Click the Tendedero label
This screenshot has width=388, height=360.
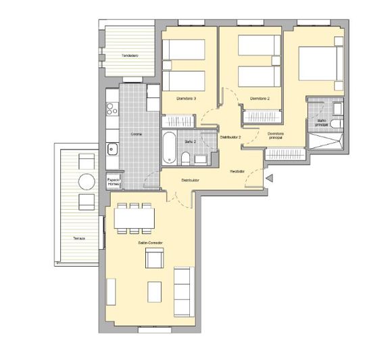130,55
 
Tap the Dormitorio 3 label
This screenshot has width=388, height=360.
186,99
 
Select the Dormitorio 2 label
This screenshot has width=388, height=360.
260,99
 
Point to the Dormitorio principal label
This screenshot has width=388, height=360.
275,135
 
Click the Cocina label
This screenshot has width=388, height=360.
136,133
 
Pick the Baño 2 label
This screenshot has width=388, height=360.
190,142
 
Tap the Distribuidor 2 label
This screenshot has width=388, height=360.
230,137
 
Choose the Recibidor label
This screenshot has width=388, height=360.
237,171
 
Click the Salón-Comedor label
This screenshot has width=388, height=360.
151,242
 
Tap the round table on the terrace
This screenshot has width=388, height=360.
87,182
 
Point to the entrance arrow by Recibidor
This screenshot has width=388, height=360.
269,179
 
